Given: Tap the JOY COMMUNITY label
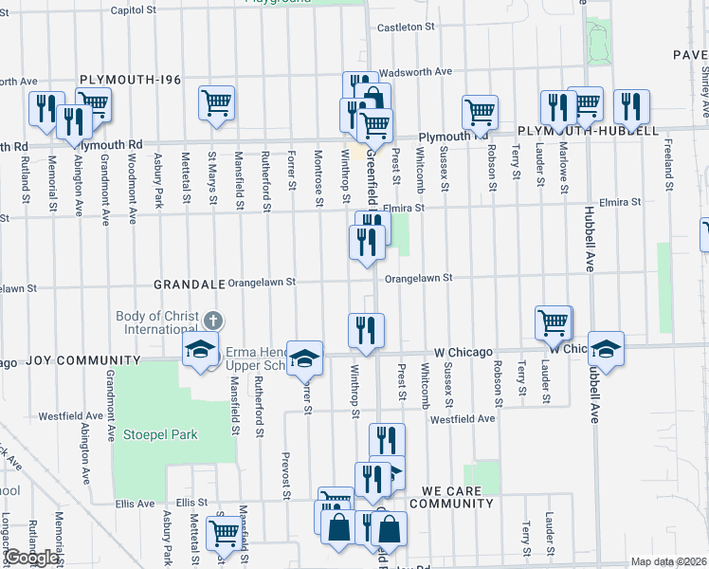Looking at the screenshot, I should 82,360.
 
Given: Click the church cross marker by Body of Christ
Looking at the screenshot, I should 214,320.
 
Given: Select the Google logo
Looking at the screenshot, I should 31,558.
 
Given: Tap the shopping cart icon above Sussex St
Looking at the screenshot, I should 480,111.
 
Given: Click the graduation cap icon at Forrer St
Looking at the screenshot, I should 304,358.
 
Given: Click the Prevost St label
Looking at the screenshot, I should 285,474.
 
